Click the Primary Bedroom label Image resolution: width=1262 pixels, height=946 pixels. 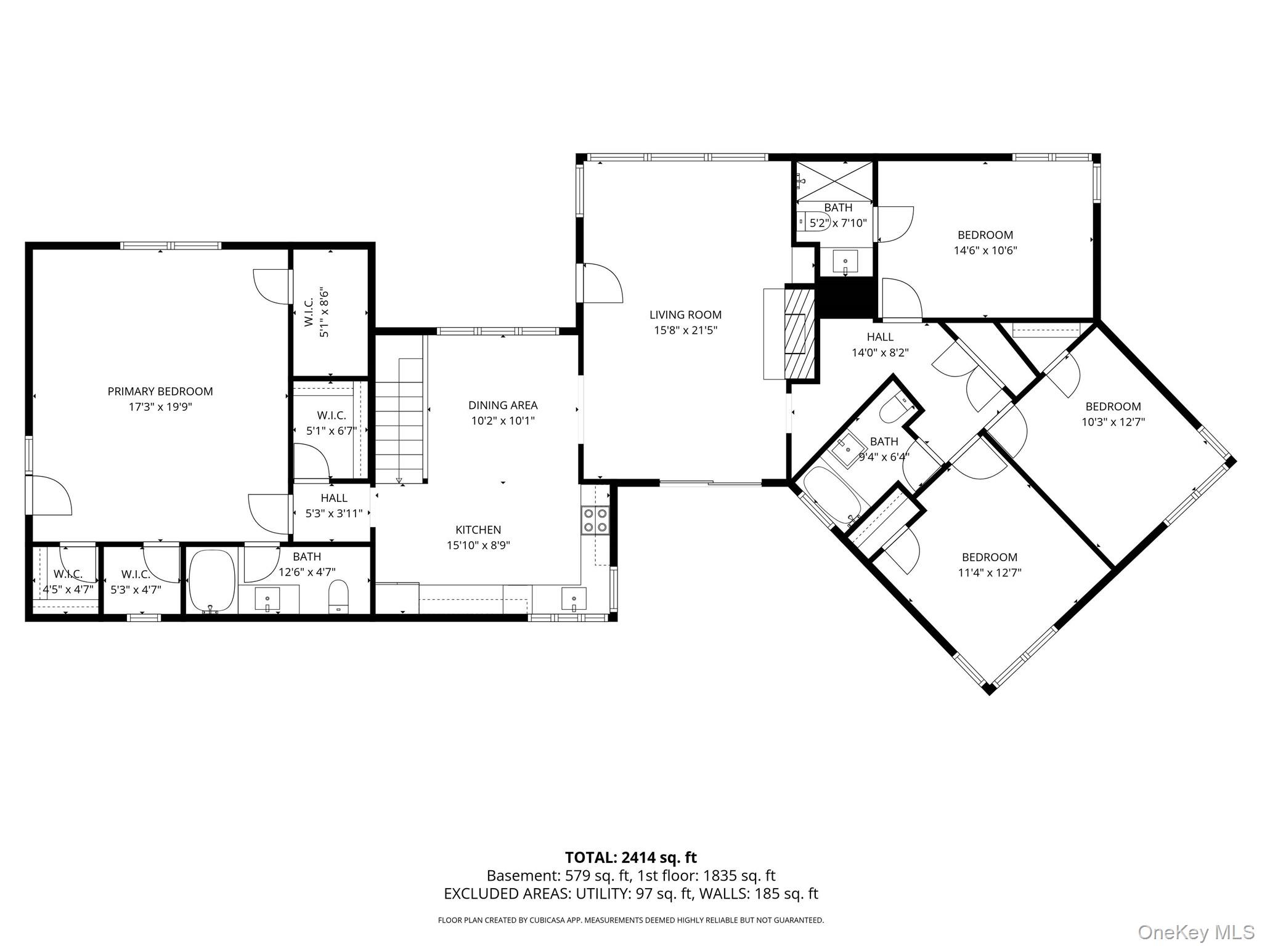[x=160, y=391]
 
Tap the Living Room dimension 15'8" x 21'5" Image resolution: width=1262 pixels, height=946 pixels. [x=685, y=330]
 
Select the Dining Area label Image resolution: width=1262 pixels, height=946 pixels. [x=503, y=405]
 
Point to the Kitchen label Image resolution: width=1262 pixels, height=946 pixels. [x=478, y=530]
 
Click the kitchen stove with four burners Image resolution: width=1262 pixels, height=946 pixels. [x=595, y=519]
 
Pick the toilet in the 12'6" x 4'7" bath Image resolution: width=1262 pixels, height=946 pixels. [x=338, y=597]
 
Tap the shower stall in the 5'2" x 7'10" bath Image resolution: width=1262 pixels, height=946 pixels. [x=834, y=181]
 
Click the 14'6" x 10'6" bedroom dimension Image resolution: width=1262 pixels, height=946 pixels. [x=985, y=251]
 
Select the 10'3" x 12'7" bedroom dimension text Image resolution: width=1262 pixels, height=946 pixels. [x=1113, y=422]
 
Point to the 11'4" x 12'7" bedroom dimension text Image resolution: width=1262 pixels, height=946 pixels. [x=990, y=573]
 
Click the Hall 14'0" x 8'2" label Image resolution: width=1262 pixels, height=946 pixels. [x=880, y=345]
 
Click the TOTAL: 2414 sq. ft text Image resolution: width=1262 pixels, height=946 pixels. [x=631, y=857]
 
